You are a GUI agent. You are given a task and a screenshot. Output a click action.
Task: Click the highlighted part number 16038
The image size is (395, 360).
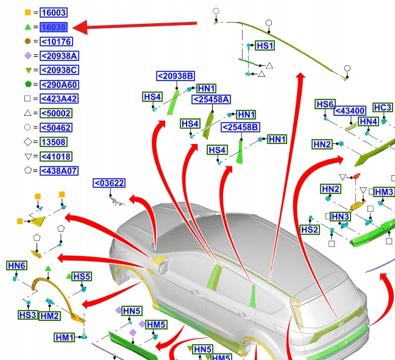[x=54, y=27]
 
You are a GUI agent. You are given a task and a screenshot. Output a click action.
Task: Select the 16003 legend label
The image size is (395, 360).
[x=54, y=13]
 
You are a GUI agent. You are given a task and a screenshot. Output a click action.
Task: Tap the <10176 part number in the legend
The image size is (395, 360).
[x=56, y=42]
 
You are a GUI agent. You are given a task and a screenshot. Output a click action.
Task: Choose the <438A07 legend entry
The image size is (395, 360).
[x=59, y=171]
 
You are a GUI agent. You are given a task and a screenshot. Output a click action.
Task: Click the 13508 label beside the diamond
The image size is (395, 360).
[x=54, y=142]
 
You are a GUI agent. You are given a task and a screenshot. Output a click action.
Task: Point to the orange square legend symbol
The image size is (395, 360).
[x=27, y=13]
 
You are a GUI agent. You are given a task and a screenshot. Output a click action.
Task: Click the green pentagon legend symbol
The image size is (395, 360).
[x=27, y=85]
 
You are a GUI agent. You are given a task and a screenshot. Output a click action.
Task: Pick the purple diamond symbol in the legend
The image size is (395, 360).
[x=27, y=56]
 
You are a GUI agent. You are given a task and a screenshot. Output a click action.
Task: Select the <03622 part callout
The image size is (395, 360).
[x=109, y=183]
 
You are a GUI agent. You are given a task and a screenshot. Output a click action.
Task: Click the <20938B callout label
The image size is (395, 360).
[x=176, y=76]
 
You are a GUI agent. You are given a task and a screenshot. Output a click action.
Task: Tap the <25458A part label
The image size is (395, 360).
[x=211, y=99]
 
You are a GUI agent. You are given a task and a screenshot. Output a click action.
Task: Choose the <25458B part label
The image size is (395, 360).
[x=240, y=128]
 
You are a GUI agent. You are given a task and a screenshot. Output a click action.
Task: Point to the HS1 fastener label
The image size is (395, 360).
[x=265, y=46]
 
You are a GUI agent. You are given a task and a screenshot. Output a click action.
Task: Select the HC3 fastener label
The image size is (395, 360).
[x=382, y=108]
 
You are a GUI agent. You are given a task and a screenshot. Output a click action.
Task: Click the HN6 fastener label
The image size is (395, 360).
[x=16, y=265]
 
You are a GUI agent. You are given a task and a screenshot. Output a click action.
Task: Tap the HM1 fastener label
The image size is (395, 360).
[x=65, y=337]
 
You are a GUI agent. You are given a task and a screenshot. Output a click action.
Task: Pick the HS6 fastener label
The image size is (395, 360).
[x=326, y=104]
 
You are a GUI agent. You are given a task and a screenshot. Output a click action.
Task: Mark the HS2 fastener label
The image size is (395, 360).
[x=310, y=229]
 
